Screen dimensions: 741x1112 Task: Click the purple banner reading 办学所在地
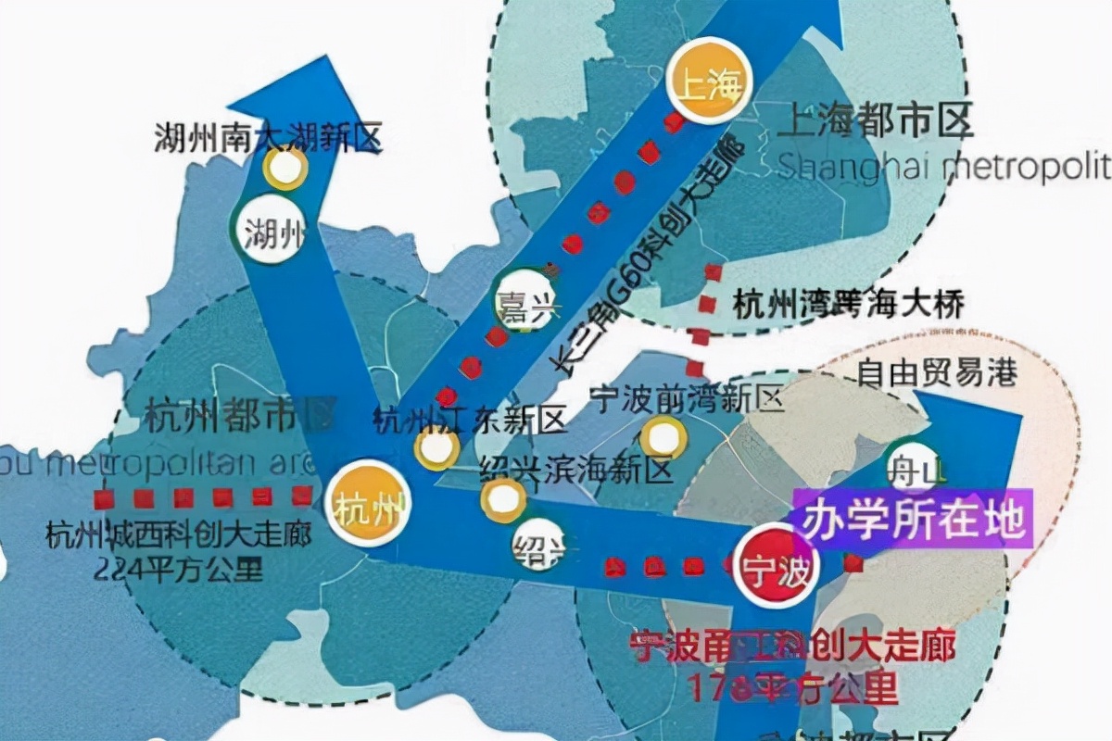(913, 520)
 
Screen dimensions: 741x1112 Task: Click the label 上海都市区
(878, 121)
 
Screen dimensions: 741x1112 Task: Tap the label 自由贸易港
(937, 372)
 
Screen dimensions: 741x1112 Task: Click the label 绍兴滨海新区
(575, 470)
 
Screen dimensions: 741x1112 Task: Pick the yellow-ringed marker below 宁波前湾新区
(663, 438)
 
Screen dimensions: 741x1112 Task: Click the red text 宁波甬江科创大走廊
(792, 647)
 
